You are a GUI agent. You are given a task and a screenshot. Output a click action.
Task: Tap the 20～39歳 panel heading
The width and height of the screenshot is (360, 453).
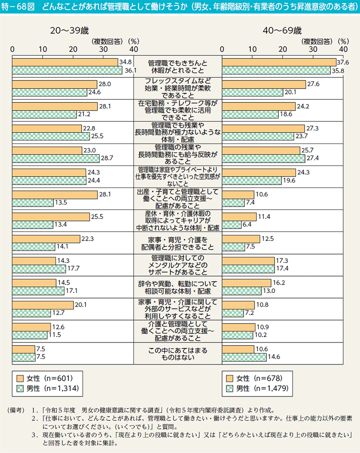pyautogui.click(x=69, y=31)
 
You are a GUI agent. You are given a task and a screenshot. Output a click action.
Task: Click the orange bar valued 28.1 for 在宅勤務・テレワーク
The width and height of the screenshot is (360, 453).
pyautogui.click(x=55, y=106)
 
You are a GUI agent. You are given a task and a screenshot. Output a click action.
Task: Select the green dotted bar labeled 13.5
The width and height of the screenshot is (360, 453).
pyautogui.click(x=33, y=202)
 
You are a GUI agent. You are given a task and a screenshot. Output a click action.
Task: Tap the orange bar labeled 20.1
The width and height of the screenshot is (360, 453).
pyautogui.click(x=43, y=304)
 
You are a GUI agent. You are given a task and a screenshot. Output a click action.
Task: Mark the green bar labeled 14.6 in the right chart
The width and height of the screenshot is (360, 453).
pyautogui.click(x=244, y=357)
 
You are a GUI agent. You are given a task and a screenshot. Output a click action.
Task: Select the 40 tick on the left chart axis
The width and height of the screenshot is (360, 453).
pyautogui.click(x=133, y=49)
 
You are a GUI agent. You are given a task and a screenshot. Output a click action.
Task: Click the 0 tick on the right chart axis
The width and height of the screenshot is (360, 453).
pyautogui.click(x=222, y=49)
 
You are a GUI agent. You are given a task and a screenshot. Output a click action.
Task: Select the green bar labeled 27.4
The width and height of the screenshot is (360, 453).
pyautogui.click(x=264, y=158)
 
